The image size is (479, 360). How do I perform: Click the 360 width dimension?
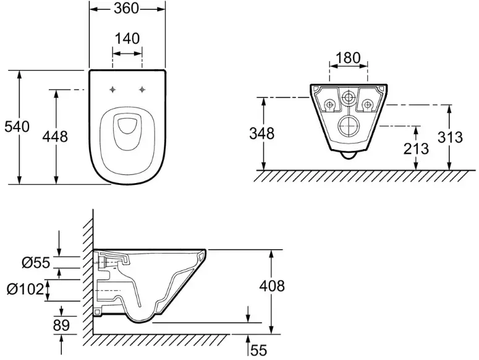point(127,8)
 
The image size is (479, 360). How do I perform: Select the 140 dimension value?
point(127,38)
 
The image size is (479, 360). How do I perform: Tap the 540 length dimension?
point(17,127)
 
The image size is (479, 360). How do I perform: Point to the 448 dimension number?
point(55,136)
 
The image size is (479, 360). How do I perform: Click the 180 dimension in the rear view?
point(348,58)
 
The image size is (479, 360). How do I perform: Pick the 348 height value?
point(262,134)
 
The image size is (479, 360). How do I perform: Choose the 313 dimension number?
point(451,137)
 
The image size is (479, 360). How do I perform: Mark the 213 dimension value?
point(416,149)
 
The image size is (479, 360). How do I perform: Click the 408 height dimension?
point(272,286)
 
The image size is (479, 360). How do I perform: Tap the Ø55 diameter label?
point(36,262)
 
